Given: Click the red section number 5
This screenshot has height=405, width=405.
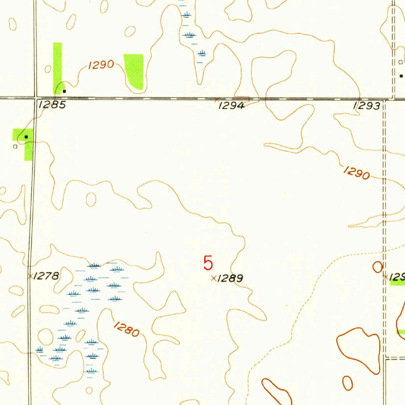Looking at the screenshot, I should pyautogui.click(x=208, y=263).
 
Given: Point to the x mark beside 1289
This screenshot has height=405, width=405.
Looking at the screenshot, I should pyautogui.click(x=214, y=278).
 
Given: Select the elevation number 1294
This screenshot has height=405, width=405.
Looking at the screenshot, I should pyautogui.click(x=231, y=106).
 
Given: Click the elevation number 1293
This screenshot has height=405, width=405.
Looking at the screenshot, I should pyautogui.click(x=367, y=106).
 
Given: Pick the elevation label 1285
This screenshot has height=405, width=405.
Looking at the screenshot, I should pyautogui.click(x=52, y=106).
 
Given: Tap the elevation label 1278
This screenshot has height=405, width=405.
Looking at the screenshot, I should pyautogui.click(x=46, y=276).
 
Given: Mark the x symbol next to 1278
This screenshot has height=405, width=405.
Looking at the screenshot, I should pyautogui.click(x=30, y=276).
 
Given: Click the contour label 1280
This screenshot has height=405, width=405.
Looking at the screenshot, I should pyautogui.click(x=127, y=329).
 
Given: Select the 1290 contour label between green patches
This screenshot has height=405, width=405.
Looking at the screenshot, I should pyautogui.click(x=101, y=65).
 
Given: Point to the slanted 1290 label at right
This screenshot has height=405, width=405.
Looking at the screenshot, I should pyautogui.click(x=357, y=172).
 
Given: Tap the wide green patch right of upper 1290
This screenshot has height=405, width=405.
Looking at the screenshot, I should pyautogui.click(x=134, y=70).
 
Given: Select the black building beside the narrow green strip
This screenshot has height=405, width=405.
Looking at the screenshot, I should pyautogui.click(x=64, y=91).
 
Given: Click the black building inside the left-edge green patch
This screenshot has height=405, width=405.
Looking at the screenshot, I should pyautogui.click(x=26, y=136).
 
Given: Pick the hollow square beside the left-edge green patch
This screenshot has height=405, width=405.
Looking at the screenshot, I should pyautogui.click(x=15, y=146).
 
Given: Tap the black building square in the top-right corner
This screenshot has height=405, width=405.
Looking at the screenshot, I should pyautogui.click(x=401, y=76).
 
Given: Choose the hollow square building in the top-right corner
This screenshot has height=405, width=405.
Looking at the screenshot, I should pyautogui.click(x=400, y=62).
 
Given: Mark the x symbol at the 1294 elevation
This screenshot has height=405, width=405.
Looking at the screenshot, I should pyautogui.click(x=216, y=98).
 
